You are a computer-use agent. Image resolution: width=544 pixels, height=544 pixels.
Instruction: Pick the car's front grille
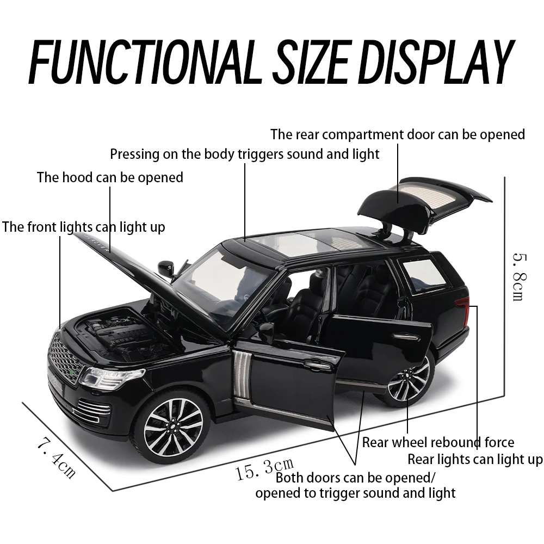point(65,358)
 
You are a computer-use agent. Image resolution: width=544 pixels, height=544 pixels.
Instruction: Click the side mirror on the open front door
point(267,332)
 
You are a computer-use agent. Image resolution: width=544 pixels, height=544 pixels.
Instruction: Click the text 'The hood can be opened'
point(110,177)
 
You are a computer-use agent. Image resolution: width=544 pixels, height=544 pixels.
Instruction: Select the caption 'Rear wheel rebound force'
point(438,442)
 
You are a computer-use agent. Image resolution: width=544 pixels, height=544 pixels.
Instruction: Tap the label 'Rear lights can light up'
point(475,460)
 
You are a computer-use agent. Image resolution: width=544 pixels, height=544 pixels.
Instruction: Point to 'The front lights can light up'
point(83,226)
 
